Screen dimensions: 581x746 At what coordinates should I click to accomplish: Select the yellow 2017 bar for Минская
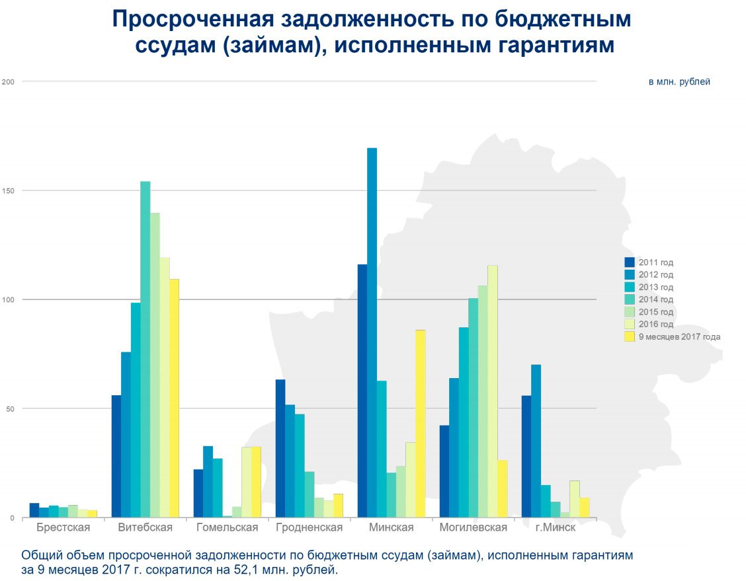(420, 424)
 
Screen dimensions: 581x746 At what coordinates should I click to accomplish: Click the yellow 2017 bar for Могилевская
(502, 488)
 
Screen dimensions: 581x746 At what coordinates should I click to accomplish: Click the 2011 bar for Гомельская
(198, 493)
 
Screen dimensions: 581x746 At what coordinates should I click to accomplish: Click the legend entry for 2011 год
(655, 262)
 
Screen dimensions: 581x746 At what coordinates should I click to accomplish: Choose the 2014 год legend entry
(655, 299)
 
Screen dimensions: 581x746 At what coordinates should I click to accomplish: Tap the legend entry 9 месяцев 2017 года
(679, 336)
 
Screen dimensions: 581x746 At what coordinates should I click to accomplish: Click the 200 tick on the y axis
(9, 81)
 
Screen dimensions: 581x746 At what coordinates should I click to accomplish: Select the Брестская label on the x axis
(63, 527)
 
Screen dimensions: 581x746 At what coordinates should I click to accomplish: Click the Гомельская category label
(228, 527)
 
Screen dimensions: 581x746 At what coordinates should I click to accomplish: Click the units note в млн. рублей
(679, 82)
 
